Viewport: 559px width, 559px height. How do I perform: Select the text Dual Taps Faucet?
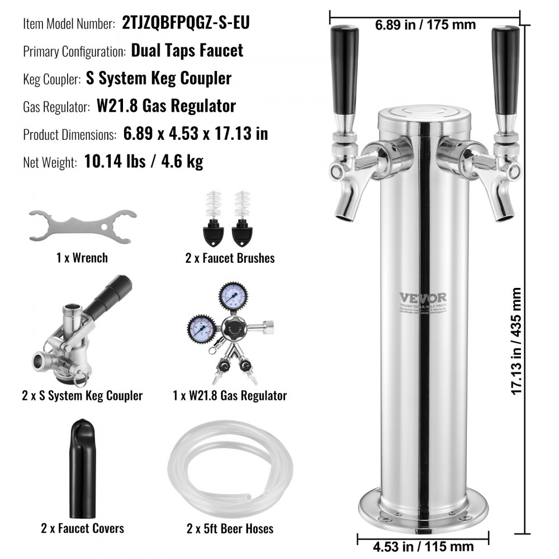pos(187,50)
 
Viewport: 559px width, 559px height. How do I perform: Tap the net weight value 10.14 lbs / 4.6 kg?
pos(144,162)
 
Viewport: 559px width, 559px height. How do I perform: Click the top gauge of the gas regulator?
pos(230,295)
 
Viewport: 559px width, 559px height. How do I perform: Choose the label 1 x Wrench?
pos(82,258)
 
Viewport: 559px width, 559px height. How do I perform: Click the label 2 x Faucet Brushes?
pos(230,258)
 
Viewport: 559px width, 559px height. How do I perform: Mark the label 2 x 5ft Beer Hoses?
pos(230,528)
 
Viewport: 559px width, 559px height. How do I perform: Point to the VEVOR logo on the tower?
pos(423,297)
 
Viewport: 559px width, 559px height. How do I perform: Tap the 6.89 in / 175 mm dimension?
pos(424,25)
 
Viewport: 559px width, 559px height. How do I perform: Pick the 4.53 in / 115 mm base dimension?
pos(424,546)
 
